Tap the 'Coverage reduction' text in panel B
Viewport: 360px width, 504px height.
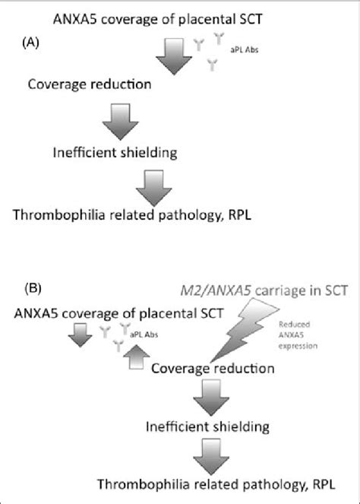[213, 369]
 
